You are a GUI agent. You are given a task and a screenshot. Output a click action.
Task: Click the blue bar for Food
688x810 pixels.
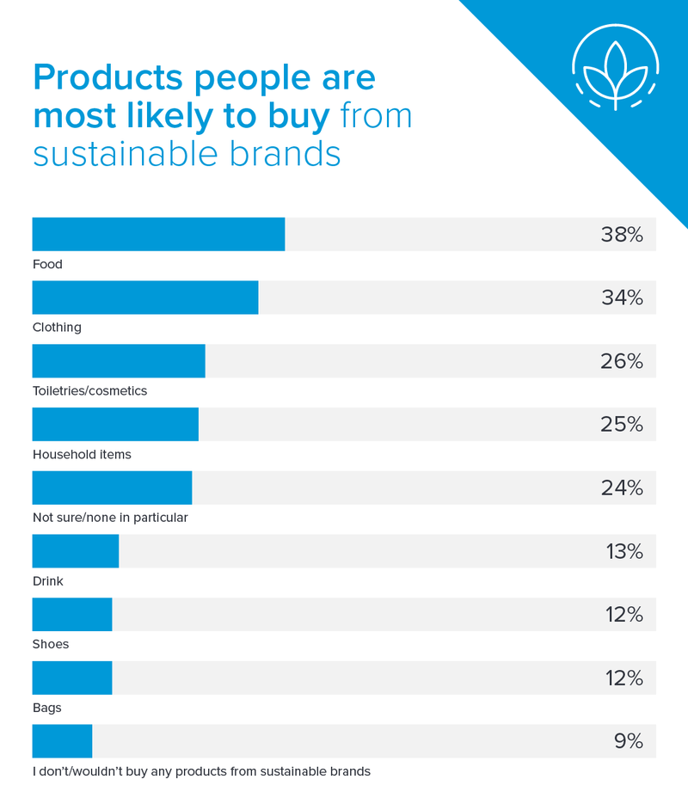158,234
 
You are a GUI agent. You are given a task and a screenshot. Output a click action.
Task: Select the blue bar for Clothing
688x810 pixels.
145,298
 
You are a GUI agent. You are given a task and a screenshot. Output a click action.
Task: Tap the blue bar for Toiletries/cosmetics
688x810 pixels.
119,361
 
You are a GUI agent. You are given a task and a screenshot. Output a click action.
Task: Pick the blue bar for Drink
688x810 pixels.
76,551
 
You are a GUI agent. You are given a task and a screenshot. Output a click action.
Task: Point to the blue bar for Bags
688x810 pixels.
72,678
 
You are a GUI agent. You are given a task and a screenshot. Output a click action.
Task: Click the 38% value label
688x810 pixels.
622,235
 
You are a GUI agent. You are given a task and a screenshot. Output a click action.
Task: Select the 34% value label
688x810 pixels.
622,298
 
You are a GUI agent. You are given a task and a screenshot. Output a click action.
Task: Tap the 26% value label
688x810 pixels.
622,362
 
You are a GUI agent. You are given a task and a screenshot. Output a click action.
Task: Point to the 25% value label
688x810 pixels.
622,425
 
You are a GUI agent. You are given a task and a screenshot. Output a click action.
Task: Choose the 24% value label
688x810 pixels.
622,488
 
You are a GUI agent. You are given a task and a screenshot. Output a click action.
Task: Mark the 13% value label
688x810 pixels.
624,552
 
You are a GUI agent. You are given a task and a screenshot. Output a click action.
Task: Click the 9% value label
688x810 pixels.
629,741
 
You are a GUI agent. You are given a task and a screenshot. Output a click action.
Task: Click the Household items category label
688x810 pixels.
82,454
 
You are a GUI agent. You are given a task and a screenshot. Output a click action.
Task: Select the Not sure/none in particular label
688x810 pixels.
110,518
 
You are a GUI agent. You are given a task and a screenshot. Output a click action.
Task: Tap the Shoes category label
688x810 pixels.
51,644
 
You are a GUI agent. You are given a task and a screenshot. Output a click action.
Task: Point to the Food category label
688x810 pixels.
47,264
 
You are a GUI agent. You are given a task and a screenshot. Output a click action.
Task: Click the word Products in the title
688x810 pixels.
108,78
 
